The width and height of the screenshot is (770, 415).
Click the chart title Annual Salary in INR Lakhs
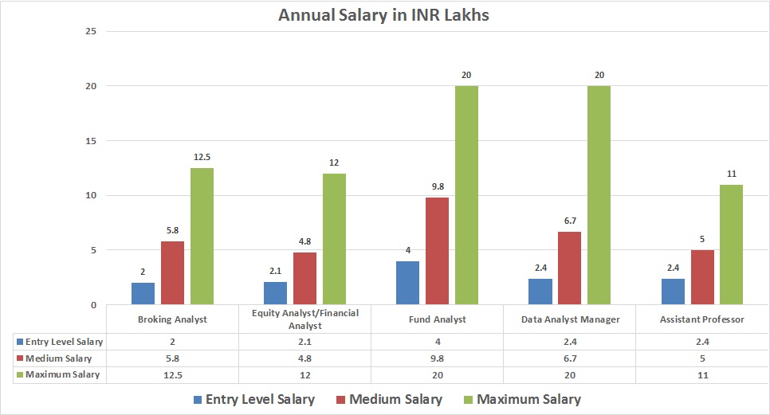click(384, 15)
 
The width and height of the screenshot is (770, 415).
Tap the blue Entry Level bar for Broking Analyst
click(143, 293)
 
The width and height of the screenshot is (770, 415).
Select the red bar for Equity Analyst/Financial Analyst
click(304, 278)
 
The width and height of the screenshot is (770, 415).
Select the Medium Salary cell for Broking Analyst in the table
click(173, 358)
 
